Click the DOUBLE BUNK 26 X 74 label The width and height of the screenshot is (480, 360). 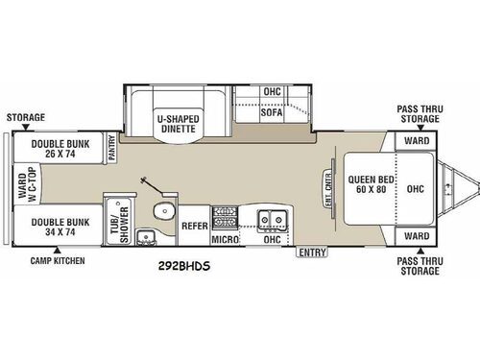(60, 149)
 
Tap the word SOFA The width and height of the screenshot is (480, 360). (273, 112)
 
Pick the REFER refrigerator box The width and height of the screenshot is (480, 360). (194, 227)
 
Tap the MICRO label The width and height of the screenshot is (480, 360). (225, 237)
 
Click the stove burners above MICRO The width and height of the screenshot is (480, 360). (224, 215)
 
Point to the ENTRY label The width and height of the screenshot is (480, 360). (311, 252)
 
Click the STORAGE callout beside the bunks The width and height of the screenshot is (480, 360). (26, 117)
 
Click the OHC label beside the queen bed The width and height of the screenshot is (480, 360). (416, 187)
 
